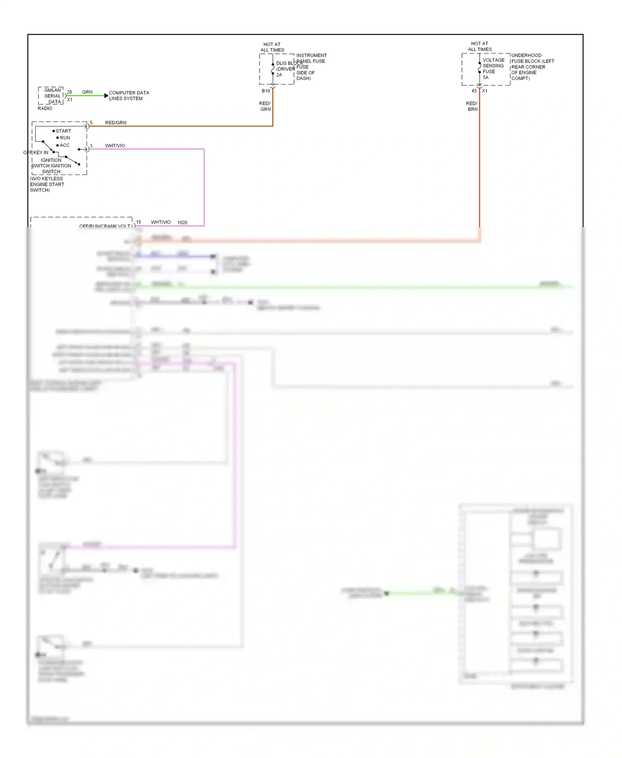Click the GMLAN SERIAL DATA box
coord(51,96)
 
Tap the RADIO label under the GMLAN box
coord(45,109)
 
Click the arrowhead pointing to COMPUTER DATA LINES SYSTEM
coord(106,96)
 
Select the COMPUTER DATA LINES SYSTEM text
coord(129,96)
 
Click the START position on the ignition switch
coord(63,131)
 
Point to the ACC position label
coord(64,146)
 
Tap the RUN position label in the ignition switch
coord(65,138)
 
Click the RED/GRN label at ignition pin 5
coord(116,123)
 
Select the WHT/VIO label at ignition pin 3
coord(115,146)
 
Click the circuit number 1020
coord(182,223)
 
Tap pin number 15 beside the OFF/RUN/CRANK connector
coord(138,222)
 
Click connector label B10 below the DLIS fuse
coord(265,91)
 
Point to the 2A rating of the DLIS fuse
coord(279,75)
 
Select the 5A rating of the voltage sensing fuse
coord(486,78)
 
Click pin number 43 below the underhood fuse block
coord(474,91)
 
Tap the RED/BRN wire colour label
coord(472,107)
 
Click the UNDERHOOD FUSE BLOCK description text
coord(532,67)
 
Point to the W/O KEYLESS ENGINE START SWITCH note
coord(46,185)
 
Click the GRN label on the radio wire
coord(87,92)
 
